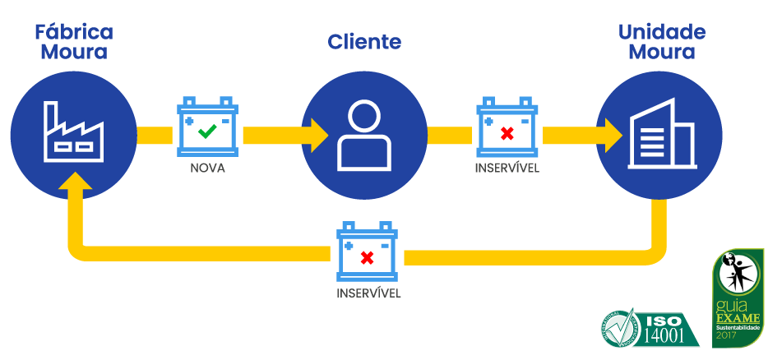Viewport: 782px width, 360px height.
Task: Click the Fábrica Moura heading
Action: (74, 42)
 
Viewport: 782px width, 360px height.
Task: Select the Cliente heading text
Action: (364, 42)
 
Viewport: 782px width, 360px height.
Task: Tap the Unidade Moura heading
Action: (662, 42)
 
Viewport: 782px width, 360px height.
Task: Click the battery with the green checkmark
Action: (207, 128)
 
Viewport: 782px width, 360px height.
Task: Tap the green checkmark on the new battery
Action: (207, 130)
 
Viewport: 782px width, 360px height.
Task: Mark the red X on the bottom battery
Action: (368, 257)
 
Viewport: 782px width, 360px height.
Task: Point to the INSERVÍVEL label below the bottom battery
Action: (368, 293)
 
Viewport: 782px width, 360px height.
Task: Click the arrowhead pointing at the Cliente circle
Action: (317, 133)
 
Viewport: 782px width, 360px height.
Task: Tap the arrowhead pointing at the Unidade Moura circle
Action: (612, 133)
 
